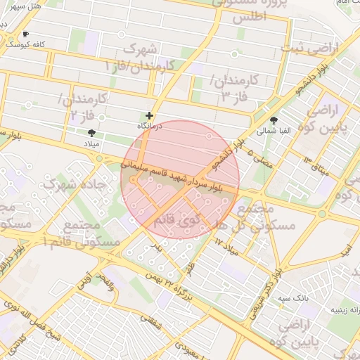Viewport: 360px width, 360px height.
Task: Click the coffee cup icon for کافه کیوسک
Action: pos(26,34)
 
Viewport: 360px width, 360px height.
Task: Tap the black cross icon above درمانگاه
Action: pos(149,115)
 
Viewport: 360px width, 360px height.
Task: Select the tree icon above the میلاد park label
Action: pos(91,132)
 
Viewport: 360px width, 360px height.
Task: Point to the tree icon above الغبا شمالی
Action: pos(273,120)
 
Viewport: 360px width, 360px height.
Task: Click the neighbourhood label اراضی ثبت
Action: pos(309,49)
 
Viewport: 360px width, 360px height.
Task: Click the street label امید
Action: pos(345,250)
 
